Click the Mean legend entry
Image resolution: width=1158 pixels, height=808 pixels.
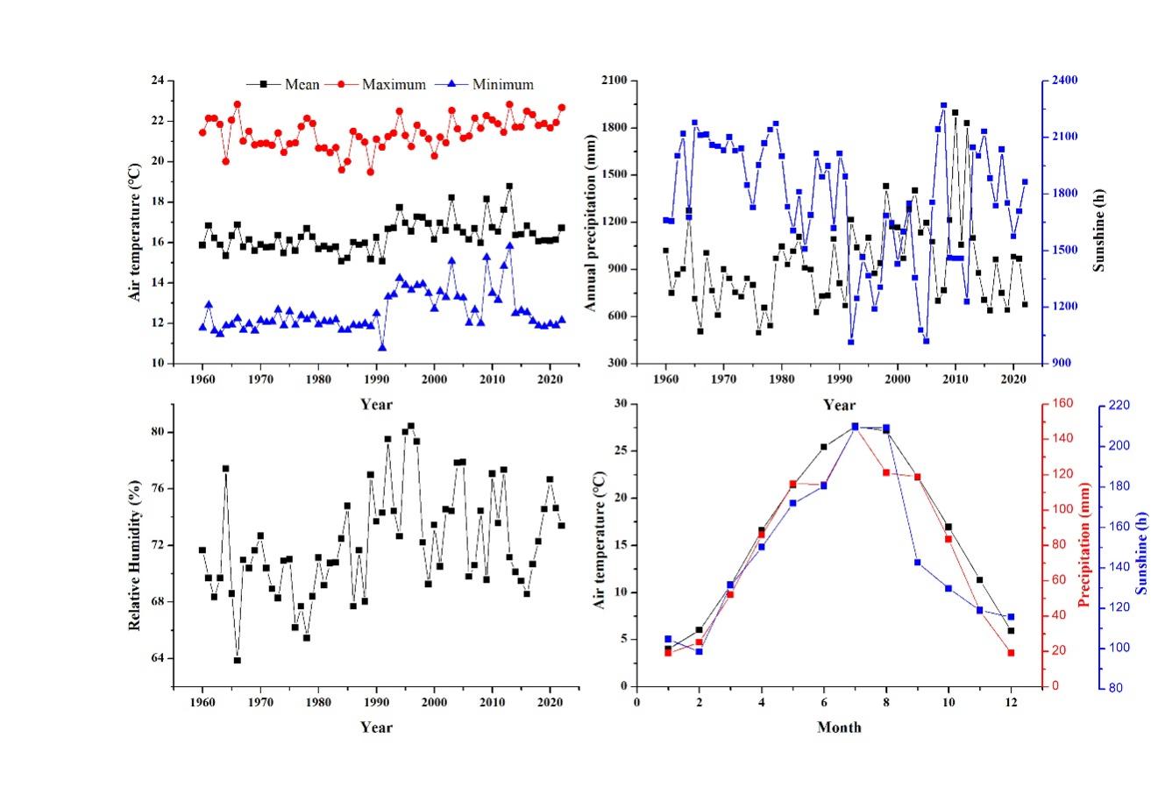(x=302, y=85)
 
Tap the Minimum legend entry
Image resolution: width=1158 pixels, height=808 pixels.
(x=502, y=85)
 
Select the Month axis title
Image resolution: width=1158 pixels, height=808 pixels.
(x=839, y=727)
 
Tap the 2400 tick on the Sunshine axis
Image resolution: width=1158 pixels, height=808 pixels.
(x=1065, y=81)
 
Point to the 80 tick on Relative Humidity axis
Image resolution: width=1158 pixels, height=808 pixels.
(x=158, y=432)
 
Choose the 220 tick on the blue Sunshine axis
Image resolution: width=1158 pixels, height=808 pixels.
(x=1120, y=405)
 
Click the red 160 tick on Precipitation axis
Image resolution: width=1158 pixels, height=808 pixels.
(x=1062, y=404)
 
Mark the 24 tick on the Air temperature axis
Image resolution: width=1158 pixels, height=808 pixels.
(x=158, y=81)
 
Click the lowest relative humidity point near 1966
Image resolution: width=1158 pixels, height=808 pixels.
(x=237, y=660)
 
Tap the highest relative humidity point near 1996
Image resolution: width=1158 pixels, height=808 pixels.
(x=411, y=426)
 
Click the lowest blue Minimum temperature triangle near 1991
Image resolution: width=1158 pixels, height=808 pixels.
(x=382, y=347)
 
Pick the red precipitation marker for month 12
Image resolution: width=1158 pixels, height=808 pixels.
(x=1011, y=653)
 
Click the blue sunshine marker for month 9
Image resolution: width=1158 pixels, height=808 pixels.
(x=917, y=563)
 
